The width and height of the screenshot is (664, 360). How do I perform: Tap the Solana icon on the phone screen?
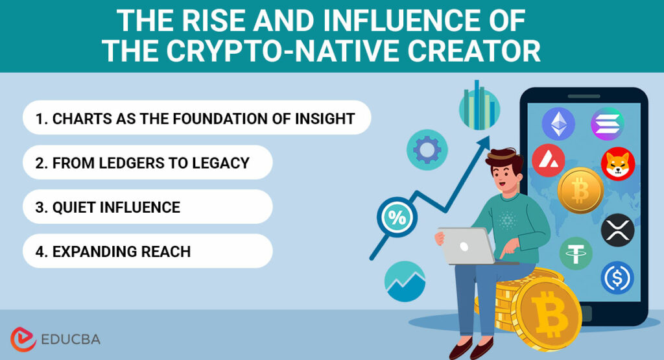[x=607, y=123]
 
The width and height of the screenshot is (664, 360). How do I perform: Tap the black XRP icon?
[x=617, y=230]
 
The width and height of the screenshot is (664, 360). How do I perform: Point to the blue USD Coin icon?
[x=617, y=278]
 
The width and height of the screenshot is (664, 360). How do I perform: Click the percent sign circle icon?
[x=397, y=217]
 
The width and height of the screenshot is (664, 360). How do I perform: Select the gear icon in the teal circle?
[x=427, y=150]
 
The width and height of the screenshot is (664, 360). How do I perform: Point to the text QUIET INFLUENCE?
[x=108, y=208]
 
